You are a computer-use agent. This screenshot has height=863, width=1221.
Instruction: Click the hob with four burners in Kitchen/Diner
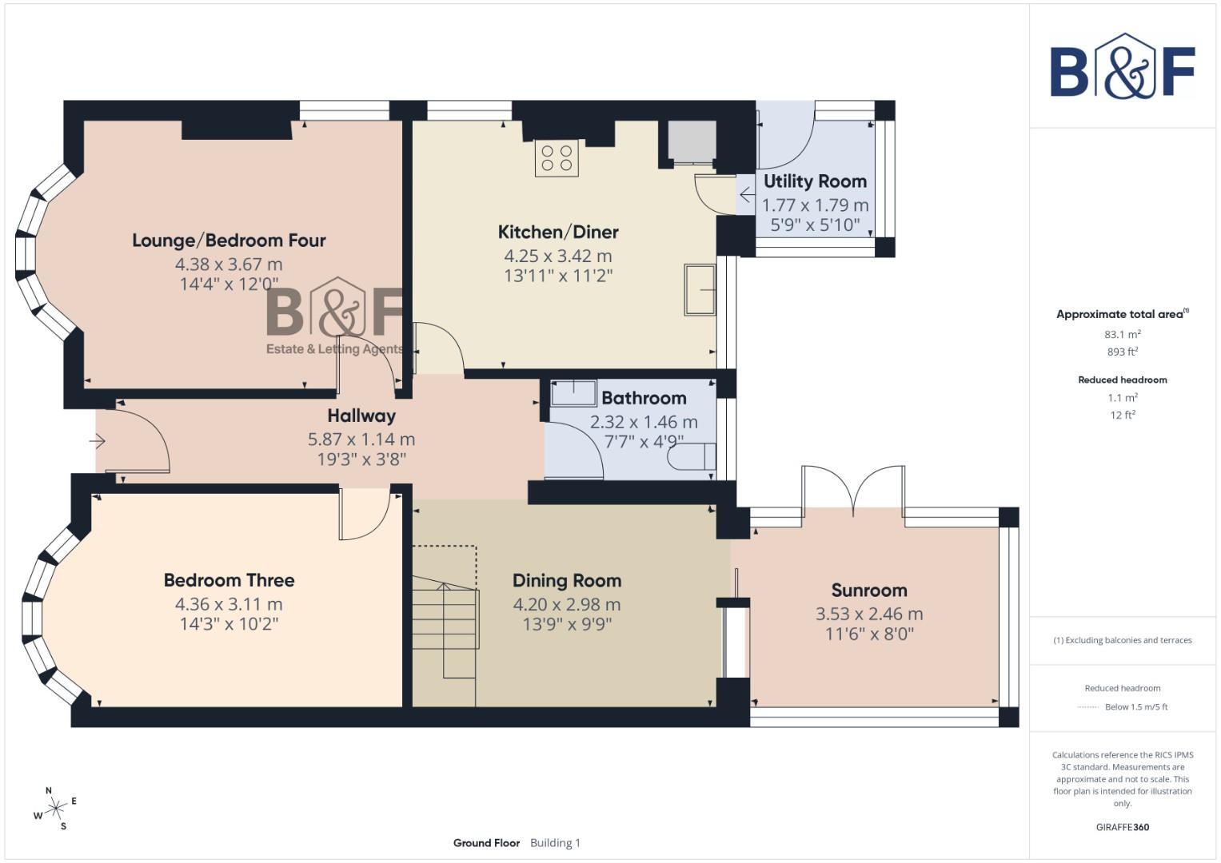[557, 157]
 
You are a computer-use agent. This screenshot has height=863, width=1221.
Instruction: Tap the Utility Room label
[815, 181]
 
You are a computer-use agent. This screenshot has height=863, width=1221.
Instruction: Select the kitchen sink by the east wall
[700, 289]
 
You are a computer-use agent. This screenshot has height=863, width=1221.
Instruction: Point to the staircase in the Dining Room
[445, 631]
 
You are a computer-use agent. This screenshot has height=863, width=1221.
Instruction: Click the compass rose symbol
[55, 809]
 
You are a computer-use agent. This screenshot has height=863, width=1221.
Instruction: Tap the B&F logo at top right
[1122, 67]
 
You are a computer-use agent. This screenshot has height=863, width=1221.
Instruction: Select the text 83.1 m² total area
[1122, 334]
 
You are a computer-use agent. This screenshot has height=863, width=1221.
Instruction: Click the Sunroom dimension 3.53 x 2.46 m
[868, 614]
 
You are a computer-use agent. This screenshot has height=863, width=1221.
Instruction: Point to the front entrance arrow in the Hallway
[98, 441]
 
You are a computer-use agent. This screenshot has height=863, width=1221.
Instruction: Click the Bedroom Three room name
[229, 580]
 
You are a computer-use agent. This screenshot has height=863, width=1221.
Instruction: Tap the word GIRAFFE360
[1122, 827]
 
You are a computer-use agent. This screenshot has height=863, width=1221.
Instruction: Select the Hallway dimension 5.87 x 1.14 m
[361, 439]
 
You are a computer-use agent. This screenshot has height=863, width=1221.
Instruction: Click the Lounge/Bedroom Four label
[229, 241]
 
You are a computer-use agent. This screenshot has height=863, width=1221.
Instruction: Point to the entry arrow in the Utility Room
[746, 195]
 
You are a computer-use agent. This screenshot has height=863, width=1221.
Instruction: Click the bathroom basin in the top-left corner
[573, 392]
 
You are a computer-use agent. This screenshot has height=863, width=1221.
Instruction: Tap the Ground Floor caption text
[486, 843]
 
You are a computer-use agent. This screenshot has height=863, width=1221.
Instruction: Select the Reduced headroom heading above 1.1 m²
[1122, 380]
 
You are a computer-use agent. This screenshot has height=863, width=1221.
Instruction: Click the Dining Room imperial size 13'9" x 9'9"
[566, 624]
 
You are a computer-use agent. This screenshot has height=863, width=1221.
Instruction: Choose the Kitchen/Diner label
[558, 233]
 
